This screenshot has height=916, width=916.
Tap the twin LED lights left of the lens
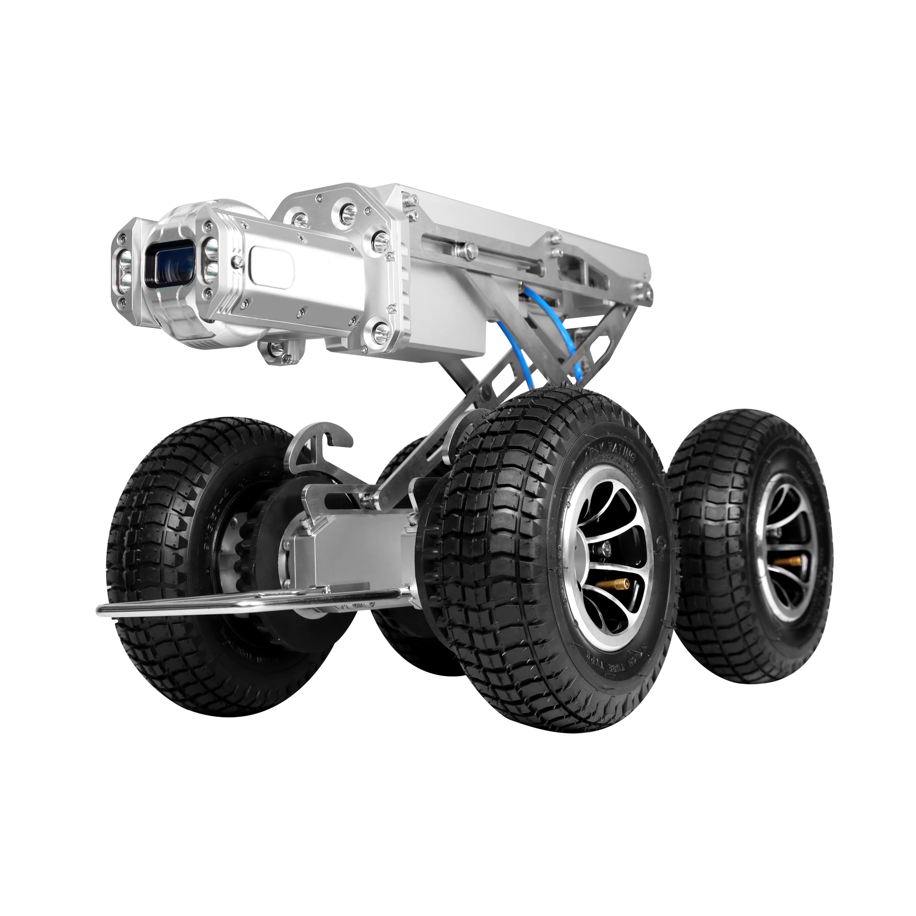[125, 271]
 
